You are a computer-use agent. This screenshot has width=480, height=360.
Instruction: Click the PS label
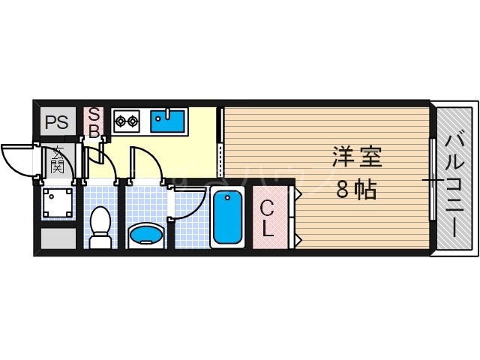click(56, 122)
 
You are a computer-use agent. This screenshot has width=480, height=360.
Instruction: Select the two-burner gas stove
click(126, 119)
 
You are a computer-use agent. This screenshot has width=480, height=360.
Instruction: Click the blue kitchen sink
click(169, 120)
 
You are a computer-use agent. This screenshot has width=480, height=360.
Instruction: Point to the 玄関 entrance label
click(57, 160)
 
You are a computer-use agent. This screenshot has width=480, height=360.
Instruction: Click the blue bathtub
click(226, 217)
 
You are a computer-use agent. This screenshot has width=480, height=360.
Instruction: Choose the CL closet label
click(268, 217)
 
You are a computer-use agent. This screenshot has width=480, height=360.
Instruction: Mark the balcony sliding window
click(432, 180)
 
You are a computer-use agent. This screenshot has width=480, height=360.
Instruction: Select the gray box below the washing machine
click(58, 238)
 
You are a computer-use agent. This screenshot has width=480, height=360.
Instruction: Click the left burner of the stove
click(120, 119)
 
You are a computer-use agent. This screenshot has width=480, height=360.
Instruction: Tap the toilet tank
click(100, 241)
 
